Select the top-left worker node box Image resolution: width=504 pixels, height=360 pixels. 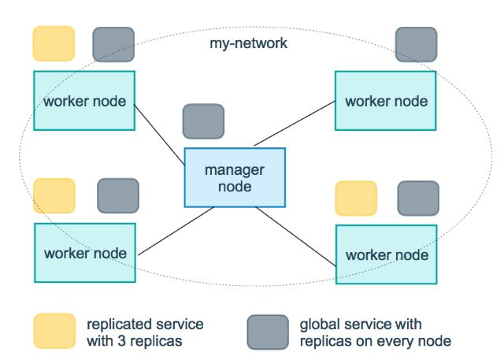click(83, 100)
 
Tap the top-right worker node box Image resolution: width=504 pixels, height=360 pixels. click(386, 100)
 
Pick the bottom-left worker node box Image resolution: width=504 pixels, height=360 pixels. click(83, 254)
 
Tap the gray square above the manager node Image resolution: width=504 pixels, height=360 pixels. click(203, 121)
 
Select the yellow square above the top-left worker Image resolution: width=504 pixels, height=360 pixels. click(54, 44)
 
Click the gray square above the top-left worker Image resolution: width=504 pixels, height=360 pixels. click(113, 44)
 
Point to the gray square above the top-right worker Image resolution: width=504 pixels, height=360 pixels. click(416, 44)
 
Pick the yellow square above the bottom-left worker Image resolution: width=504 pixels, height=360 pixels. click(54, 195)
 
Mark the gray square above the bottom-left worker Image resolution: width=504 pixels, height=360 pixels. click(117, 195)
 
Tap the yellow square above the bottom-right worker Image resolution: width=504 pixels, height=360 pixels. click(356, 199)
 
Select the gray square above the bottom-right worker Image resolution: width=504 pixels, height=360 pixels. click(418, 199)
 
